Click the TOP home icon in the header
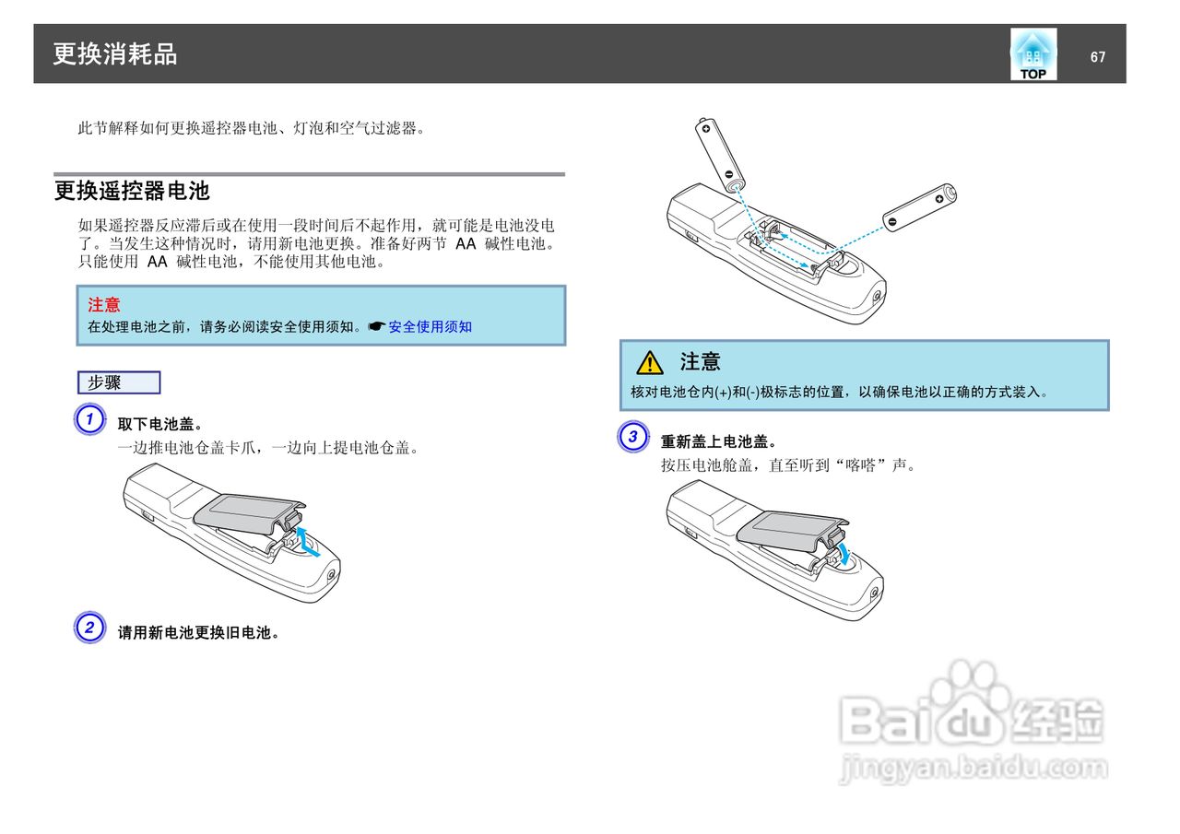1032,54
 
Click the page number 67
1097,57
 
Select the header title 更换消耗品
115,54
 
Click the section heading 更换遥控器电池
132,191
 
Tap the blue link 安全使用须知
430,326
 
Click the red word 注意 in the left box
103,304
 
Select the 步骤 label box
119,382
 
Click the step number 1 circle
88,420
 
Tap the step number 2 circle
88,628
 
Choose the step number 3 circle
632,437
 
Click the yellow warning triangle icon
649,362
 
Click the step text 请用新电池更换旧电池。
198,632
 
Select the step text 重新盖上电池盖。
719,441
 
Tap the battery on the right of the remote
919,207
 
